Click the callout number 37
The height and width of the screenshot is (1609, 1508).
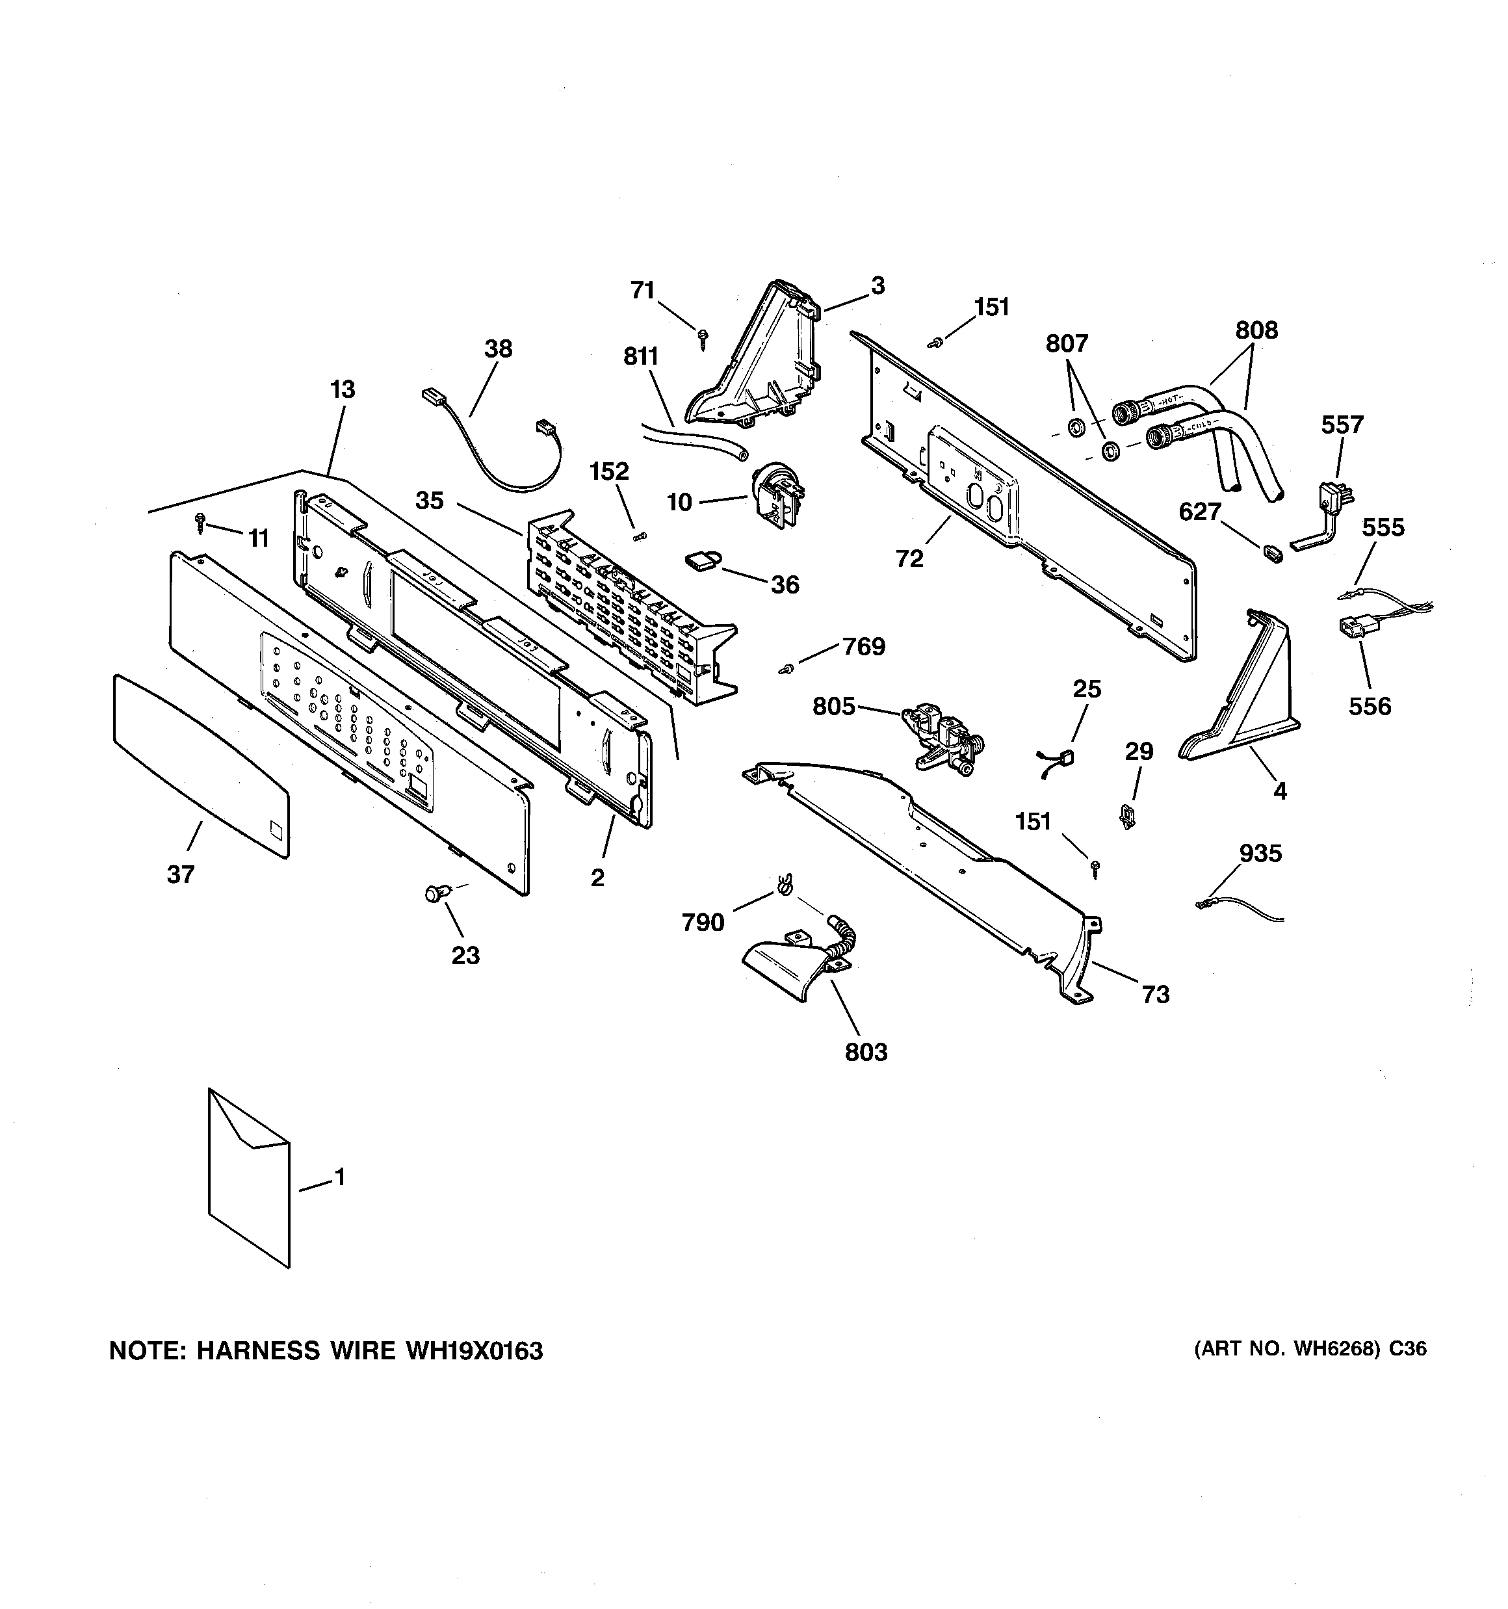(x=181, y=874)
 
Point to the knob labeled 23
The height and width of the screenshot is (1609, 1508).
(x=436, y=893)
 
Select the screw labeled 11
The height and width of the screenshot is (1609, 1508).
(x=201, y=523)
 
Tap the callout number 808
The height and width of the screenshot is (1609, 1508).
(x=1256, y=330)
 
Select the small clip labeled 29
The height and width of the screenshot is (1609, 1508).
(x=1126, y=817)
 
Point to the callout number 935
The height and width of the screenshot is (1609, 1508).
(x=1260, y=853)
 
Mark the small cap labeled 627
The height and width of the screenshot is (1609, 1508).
(x=1273, y=554)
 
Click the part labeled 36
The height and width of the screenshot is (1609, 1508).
(x=704, y=560)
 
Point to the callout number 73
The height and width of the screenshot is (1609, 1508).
(x=1155, y=994)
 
